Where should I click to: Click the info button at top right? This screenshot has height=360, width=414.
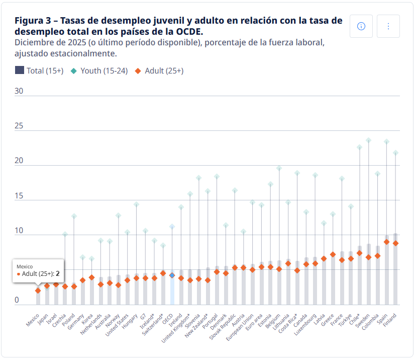[361, 26]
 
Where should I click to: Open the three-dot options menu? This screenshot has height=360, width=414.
[388, 26]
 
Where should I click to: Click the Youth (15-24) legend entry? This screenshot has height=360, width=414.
[99, 71]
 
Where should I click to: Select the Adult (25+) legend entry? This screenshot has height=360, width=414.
[159, 71]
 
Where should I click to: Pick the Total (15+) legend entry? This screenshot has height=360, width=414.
[39, 71]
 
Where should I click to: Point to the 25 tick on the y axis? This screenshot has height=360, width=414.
[19, 126]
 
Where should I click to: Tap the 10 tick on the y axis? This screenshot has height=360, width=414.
[19, 231]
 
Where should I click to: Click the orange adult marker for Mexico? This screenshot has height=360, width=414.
[38, 291]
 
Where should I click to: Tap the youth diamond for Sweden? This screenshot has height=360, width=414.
[368, 140]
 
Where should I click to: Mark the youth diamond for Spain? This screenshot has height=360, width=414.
[386, 141]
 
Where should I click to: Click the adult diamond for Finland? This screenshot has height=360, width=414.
[395, 243]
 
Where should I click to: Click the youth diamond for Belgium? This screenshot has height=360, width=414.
[279, 168]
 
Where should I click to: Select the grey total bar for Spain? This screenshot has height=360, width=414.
[386, 272]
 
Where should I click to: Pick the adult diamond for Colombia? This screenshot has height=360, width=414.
[377, 256]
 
